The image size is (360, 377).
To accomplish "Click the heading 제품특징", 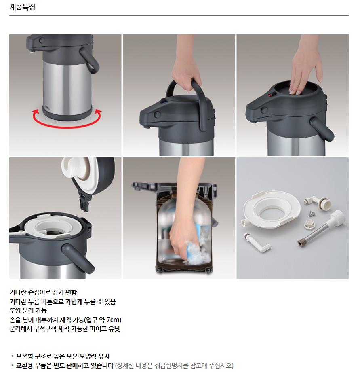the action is pos(22,7).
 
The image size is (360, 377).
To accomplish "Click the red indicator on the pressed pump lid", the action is pos(270,95).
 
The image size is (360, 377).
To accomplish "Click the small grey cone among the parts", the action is pos(312,213).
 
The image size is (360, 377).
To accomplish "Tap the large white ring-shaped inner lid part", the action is pos(272,209).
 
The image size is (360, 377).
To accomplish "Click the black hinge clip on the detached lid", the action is pos(84,202).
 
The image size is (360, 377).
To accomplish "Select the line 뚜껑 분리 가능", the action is pos(28,311).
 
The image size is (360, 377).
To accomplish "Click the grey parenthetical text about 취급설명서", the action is pos(174,366).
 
